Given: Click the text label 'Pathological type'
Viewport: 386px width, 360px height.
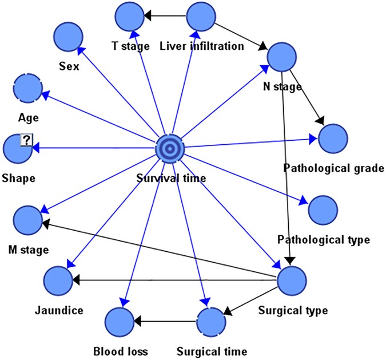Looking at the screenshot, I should click(324, 239).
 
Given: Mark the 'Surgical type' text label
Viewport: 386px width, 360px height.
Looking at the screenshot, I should click(293, 311).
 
